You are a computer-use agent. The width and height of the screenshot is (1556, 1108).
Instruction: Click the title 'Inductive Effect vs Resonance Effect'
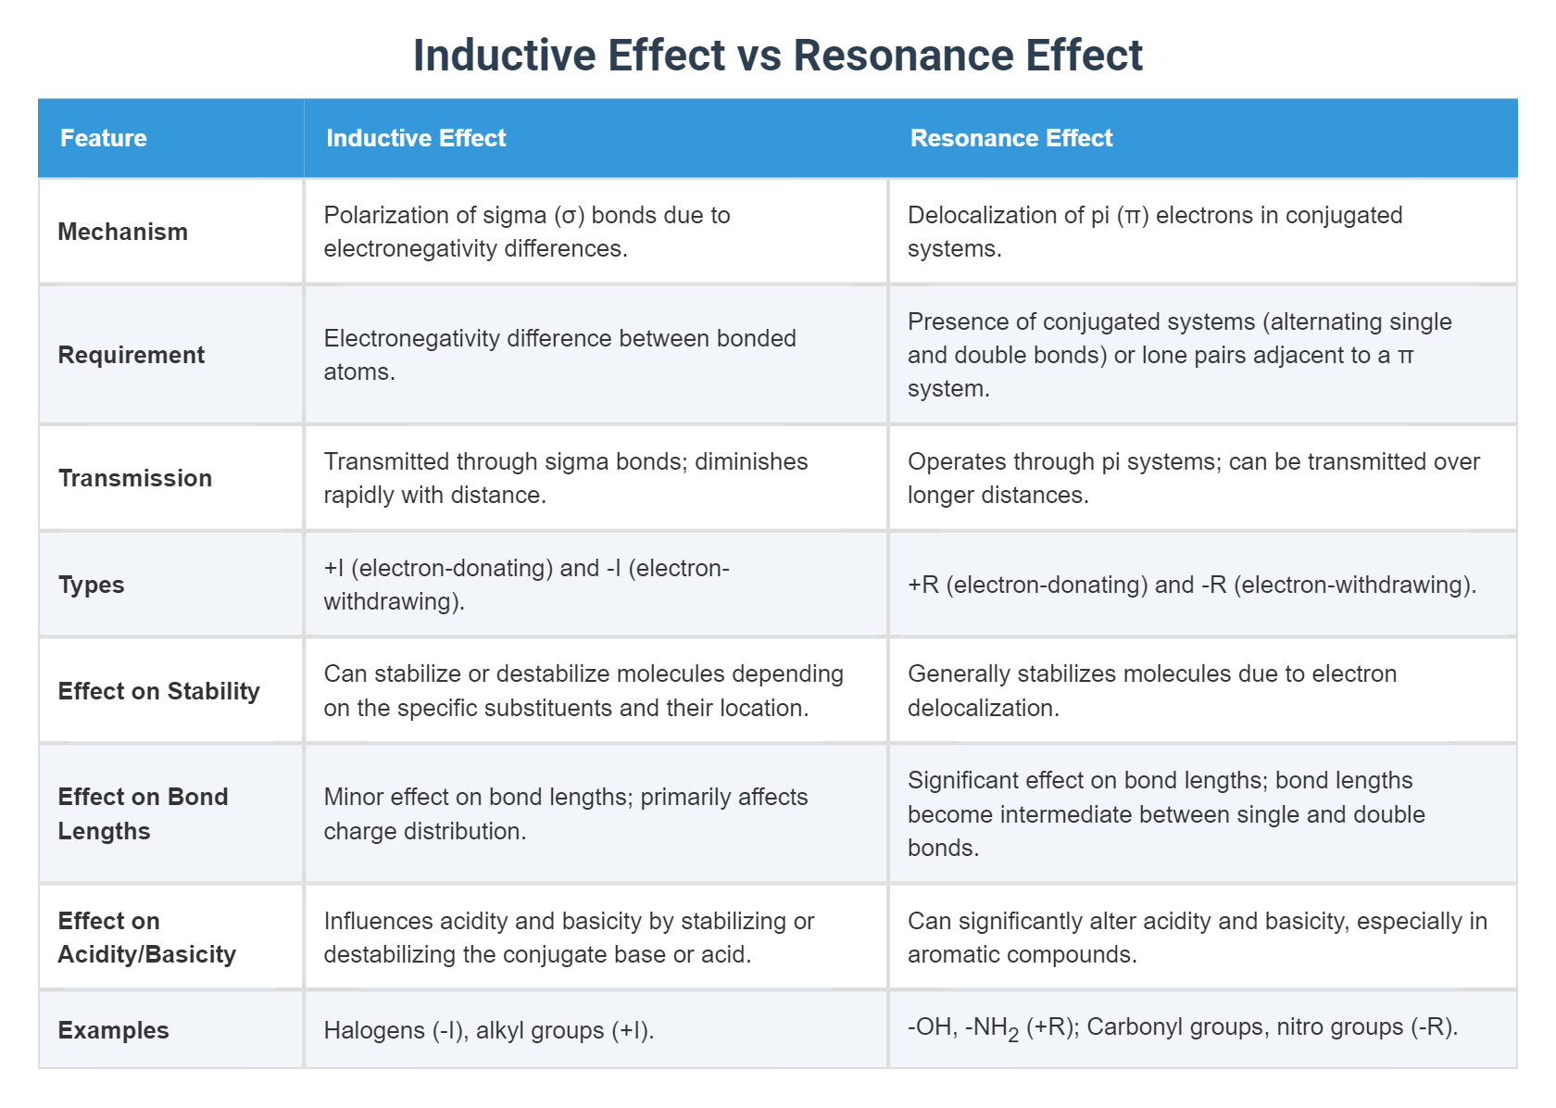click(777, 56)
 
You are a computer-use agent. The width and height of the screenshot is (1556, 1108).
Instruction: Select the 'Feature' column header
click(104, 138)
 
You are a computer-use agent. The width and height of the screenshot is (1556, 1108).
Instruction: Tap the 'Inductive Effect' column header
click(416, 138)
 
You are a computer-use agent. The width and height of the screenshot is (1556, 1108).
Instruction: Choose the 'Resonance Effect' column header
click(1011, 138)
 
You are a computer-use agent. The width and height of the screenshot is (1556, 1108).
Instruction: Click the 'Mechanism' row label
click(123, 232)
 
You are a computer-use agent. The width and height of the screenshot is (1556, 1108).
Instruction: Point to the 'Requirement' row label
click(132, 355)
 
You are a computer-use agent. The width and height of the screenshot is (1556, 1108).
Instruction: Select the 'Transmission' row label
click(135, 478)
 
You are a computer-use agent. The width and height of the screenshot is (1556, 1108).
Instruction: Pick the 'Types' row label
click(92, 585)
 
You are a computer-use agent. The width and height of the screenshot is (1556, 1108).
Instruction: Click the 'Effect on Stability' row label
click(159, 691)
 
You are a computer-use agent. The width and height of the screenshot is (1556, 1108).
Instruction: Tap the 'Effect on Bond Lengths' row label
click(143, 813)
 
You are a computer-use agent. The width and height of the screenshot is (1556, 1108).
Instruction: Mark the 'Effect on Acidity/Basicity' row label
click(146, 938)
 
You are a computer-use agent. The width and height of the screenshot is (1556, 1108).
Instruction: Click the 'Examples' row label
click(114, 1030)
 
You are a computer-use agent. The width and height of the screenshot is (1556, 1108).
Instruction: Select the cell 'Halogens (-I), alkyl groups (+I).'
click(489, 1030)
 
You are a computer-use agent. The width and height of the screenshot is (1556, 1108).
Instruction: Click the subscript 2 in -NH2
click(1013, 1036)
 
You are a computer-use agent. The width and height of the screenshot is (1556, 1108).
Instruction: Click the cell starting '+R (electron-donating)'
click(1191, 585)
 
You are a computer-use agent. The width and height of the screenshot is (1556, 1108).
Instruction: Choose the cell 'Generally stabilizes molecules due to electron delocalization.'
click(1152, 691)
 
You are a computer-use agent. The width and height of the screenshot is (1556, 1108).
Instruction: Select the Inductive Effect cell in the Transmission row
click(565, 478)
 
